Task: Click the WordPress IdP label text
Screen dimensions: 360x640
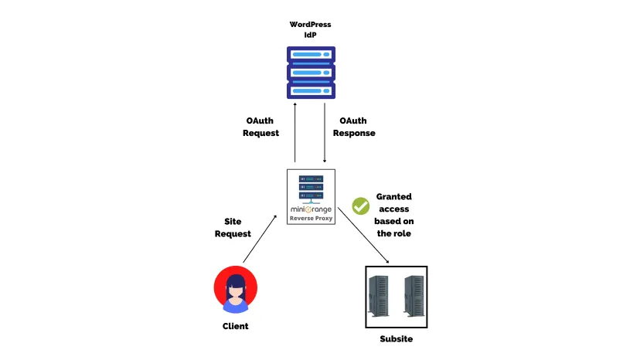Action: point(310,29)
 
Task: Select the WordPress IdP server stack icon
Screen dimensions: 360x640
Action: point(311,73)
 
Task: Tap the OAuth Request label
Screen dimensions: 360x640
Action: point(260,127)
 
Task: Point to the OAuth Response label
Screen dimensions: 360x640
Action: point(354,127)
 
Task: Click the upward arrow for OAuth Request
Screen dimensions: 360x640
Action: point(295,131)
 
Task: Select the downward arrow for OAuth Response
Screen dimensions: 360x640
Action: point(325,131)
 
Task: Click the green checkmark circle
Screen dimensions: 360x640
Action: point(361,205)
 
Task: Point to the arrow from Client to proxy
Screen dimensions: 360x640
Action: point(260,240)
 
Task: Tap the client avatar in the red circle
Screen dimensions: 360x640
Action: point(235,289)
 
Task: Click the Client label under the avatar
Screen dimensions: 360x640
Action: point(235,326)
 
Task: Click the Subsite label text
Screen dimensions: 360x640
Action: point(396,340)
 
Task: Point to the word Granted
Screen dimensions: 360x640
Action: point(393,197)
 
